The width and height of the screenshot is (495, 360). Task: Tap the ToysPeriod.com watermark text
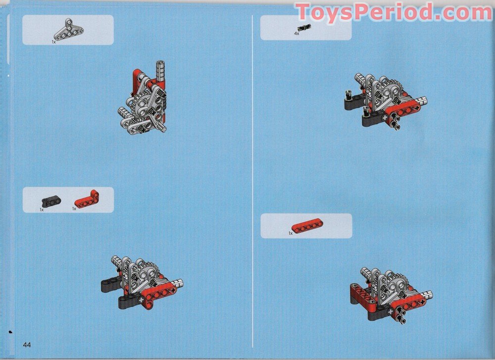point(394,12)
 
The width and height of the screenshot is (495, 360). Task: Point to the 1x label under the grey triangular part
point(54,42)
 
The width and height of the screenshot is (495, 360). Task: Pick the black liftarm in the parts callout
point(50,201)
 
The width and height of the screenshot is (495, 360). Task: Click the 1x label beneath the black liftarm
point(42,210)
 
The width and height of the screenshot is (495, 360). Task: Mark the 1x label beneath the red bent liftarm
point(74,209)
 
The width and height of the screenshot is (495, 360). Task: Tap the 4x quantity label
point(297,34)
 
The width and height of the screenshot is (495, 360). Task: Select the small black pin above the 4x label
point(302,28)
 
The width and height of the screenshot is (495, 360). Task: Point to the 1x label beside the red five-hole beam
point(291,233)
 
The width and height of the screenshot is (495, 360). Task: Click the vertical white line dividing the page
point(253,178)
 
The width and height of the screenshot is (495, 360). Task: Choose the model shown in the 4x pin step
point(384,101)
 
